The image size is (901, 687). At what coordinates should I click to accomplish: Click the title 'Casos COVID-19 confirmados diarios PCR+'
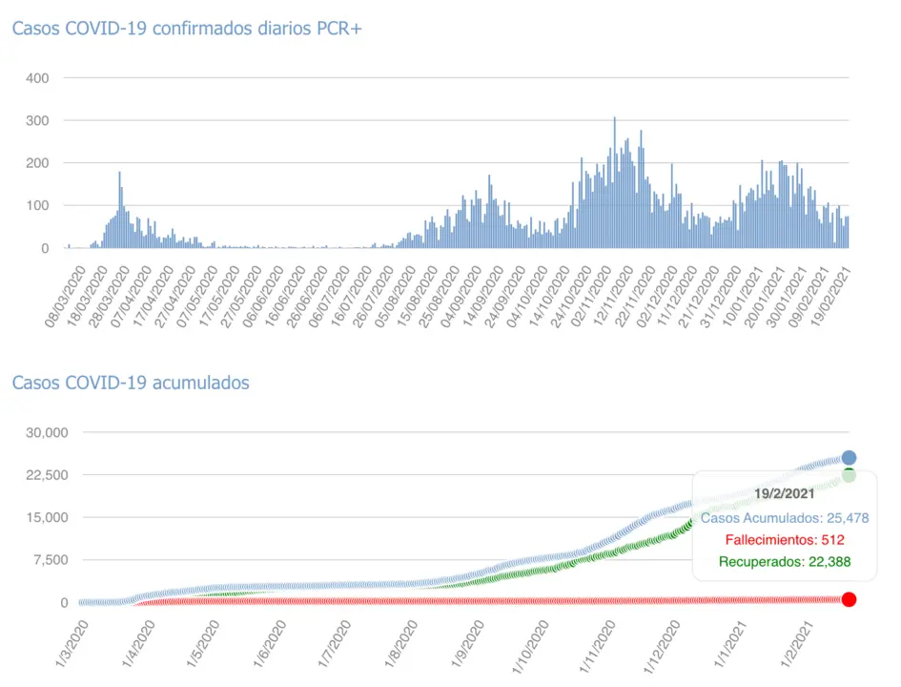point(187,29)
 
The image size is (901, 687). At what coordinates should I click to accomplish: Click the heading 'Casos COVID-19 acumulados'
point(131,383)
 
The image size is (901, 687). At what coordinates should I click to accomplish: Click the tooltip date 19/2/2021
point(784,493)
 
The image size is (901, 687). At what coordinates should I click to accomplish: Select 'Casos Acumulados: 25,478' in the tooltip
point(784,518)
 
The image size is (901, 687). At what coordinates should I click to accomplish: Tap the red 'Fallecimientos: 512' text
point(784,540)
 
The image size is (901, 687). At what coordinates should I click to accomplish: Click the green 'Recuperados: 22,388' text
point(784,561)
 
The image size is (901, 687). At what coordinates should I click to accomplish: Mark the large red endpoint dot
point(849,599)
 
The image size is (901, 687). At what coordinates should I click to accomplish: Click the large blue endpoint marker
point(849,458)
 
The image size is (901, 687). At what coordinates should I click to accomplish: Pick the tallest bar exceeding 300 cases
point(614,181)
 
